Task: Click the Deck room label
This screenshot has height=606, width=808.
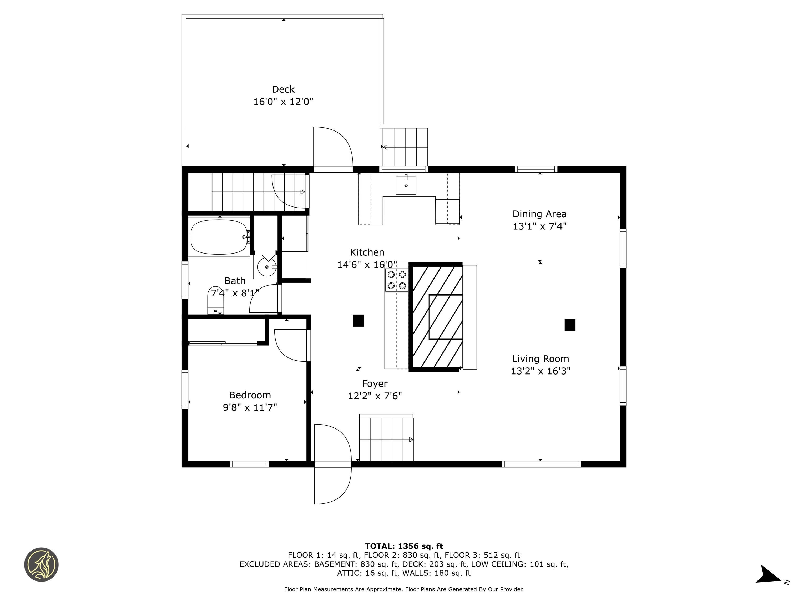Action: [283, 89]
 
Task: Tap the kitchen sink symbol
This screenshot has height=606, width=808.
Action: [406, 185]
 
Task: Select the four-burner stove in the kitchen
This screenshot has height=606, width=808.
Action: [397, 280]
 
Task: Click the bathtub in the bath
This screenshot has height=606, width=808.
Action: [219, 236]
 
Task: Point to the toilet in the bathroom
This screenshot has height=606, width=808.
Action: [215, 300]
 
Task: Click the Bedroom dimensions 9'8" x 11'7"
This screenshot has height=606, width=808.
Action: [250, 407]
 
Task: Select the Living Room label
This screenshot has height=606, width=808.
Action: [540, 359]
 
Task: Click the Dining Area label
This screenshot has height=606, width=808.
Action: [539, 214]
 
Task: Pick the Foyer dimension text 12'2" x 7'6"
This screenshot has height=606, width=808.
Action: [375, 396]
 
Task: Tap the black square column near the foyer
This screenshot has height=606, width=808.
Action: [358, 320]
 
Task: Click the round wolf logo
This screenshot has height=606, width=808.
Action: [41, 564]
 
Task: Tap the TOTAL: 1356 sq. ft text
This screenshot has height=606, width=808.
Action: [404, 546]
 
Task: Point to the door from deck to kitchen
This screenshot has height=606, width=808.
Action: [332, 148]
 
